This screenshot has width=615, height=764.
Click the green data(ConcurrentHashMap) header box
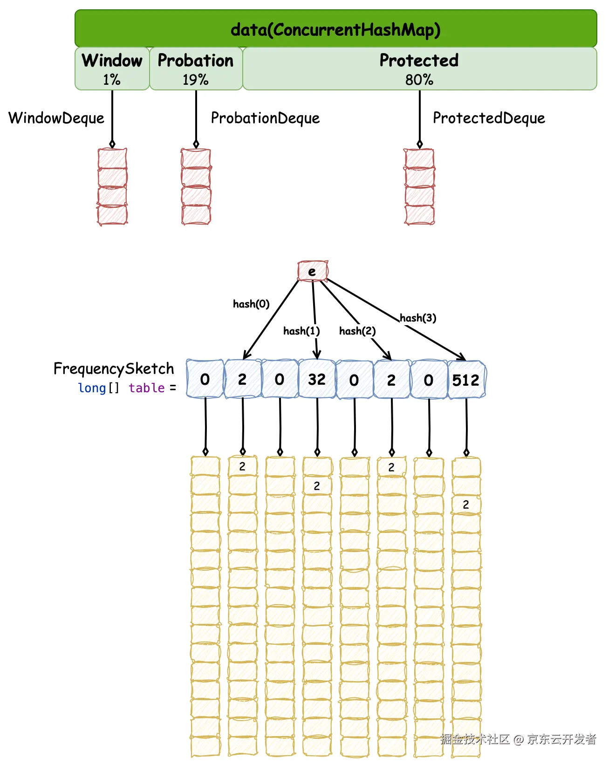click(x=335, y=29)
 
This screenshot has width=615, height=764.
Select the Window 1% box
click(x=112, y=68)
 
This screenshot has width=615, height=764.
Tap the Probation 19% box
click(x=196, y=68)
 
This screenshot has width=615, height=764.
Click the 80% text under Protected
click(x=419, y=80)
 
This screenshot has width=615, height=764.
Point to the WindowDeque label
click(x=56, y=118)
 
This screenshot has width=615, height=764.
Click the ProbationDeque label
click(x=265, y=118)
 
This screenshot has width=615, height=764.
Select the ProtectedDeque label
click(x=489, y=118)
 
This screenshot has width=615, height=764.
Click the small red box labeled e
click(x=312, y=271)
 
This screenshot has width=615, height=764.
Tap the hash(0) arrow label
click(x=251, y=304)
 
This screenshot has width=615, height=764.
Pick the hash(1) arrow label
click(x=301, y=331)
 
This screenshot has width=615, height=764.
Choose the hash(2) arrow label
click(x=357, y=331)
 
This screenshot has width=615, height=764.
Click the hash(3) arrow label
click(x=418, y=318)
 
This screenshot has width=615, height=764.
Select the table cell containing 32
click(x=317, y=379)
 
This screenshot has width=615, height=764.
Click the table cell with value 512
click(x=466, y=380)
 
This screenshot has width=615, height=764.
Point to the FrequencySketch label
click(x=114, y=368)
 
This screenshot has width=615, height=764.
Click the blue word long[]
click(x=98, y=388)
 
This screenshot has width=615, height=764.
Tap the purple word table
click(x=146, y=388)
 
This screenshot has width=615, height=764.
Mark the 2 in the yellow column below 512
click(x=466, y=505)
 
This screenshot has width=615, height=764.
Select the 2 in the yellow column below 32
click(x=317, y=486)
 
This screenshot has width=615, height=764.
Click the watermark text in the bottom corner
click(x=518, y=739)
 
